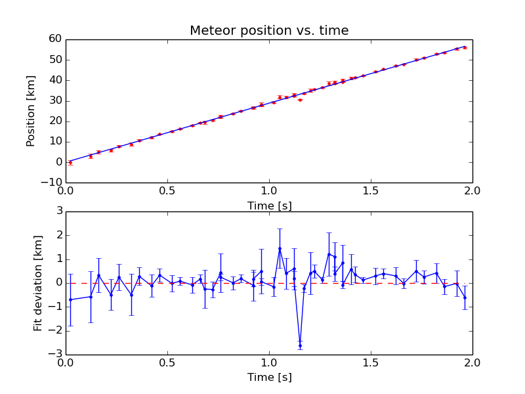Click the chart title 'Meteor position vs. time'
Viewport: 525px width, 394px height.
(x=269, y=31)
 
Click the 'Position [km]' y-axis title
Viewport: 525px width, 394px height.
(x=31, y=111)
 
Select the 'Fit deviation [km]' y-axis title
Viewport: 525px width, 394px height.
(x=37, y=283)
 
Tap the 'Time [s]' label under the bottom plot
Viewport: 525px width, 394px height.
(x=269, y=378)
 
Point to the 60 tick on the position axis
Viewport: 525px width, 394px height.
(x=54, y=39)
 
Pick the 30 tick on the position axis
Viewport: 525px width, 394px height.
(x=54, y=100)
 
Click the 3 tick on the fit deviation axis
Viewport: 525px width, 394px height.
(x=58, y=211)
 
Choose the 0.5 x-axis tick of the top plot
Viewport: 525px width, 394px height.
(x=167, y=191)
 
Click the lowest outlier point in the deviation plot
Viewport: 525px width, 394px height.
(x=300, y=345)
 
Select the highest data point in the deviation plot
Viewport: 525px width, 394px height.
(x=280, y=248)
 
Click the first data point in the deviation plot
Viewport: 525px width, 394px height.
(x=70, y=299)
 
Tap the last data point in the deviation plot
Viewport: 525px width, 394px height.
(x=465, y=297)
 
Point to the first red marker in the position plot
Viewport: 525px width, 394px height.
(x=70, y=162)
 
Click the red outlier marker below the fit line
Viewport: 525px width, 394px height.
(x=300, y=100)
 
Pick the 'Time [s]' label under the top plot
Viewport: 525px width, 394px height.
(x=269, y=206)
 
